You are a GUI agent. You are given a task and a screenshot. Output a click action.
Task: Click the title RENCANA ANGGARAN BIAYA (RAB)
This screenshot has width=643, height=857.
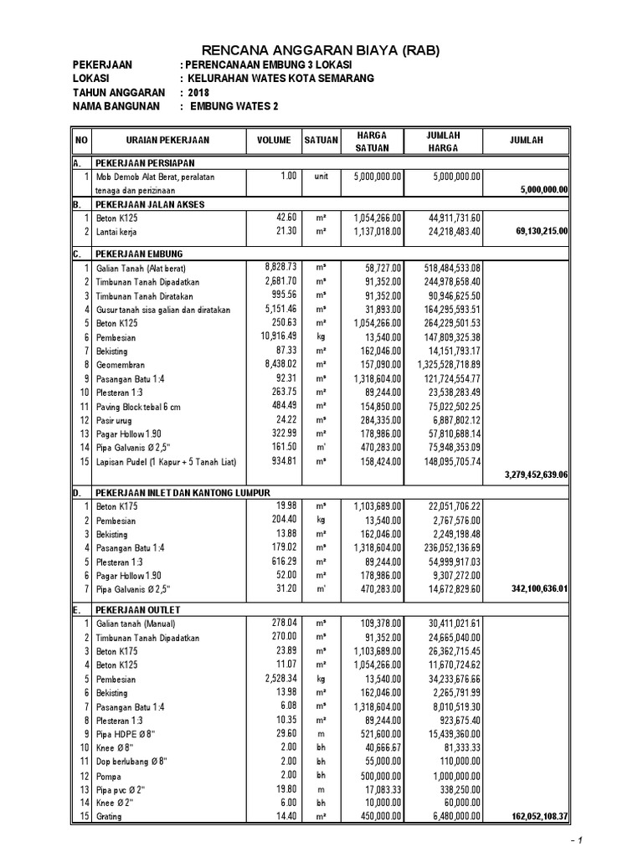[322, 52]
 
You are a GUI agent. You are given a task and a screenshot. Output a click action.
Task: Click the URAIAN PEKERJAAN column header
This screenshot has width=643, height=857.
[167, 141]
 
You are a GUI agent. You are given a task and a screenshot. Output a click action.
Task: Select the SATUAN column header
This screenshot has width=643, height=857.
[321, 141]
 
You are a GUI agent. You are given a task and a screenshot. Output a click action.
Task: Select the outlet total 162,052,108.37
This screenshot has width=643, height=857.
[533, 816]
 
